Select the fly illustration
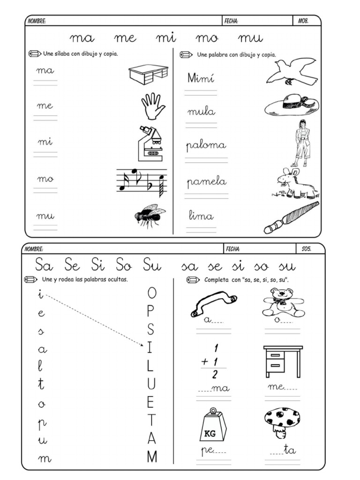click(150, 216)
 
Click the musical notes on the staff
click(142, 181)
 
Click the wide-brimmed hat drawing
click(292, 105)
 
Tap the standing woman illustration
click(301, 143)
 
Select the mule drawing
click(295, 183)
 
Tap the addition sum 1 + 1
click(212, 361)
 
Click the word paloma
click(206, 146)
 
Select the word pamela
click(207, 182)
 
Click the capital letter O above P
click(151, 293)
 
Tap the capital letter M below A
click(151, 457)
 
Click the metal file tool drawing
click(291, 217)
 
